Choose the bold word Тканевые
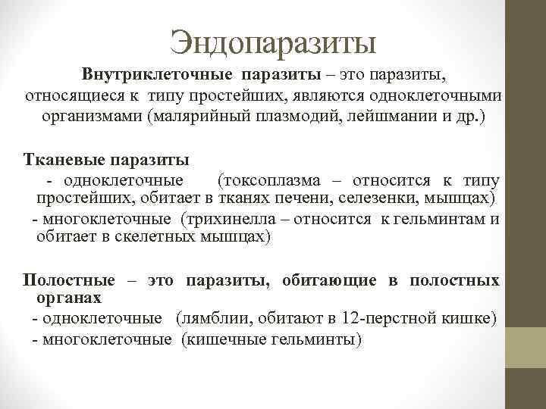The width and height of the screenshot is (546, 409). pyautogui.click(x=63, y=161)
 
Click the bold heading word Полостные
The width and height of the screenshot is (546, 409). pyautogui.click(x=69, y=280)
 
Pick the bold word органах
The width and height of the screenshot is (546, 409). pyautogui.click(x=69, y=298)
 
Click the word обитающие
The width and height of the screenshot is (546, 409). pyautogui.click(x=329, y=280)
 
